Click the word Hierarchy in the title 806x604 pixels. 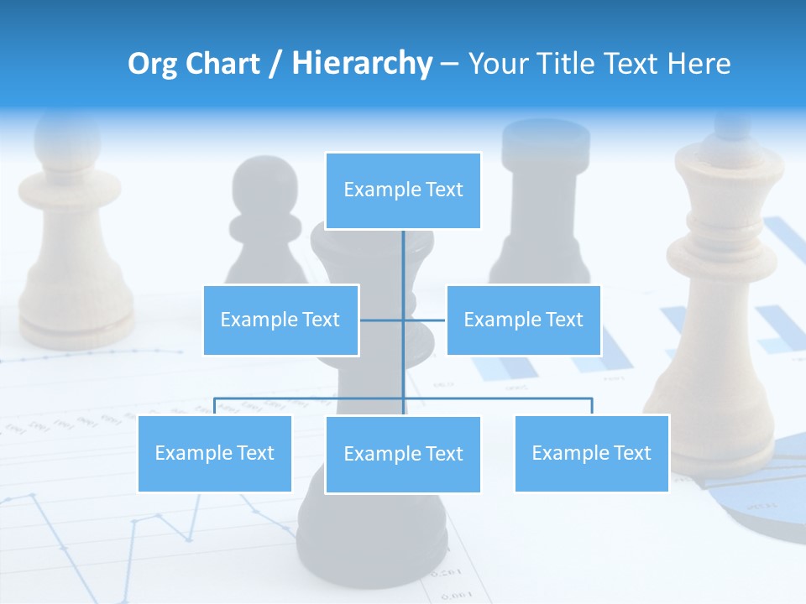pos(362,64)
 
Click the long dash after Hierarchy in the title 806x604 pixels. pos(449,64)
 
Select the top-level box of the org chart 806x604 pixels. pos(403,190)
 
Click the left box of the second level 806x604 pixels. pos(280,320)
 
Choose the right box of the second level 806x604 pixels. pos(523,320)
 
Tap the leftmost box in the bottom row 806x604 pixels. pos(214,453)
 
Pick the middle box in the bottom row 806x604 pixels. pos(403,454)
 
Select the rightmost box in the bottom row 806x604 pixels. pos(591,453)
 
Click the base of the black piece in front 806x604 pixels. pos(374,537)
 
